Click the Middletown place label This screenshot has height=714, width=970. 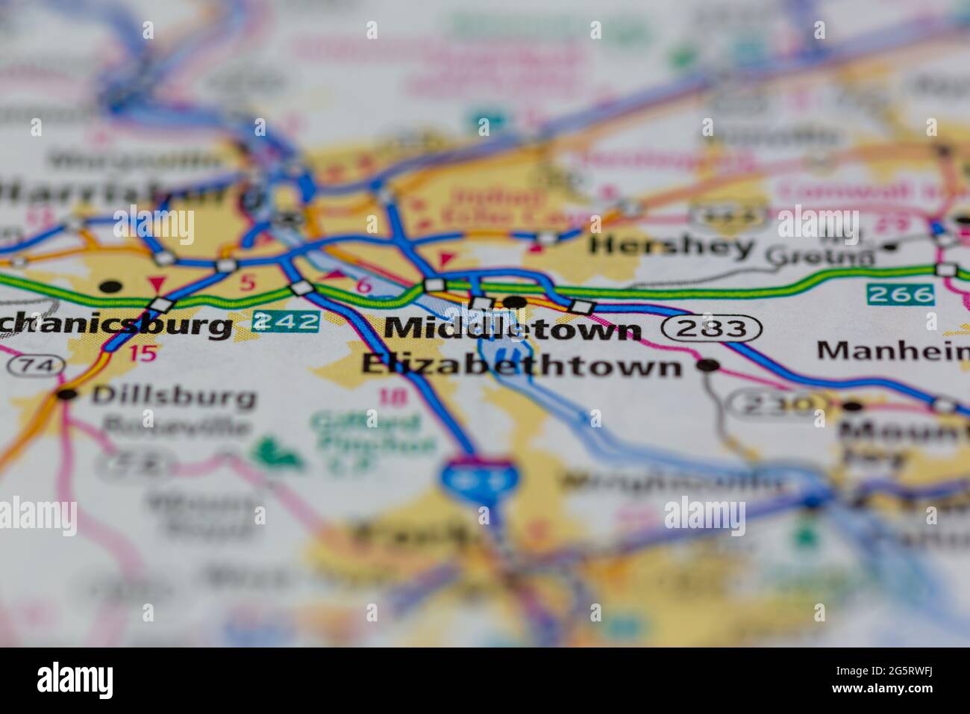pyautogui.click(x=513, y=328)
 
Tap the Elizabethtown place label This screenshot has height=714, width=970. pyautogui.click(x=522, y=365)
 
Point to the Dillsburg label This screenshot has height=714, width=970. pyautogui.click(x=173, y=396)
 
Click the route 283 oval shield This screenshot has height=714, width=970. pyautogui.click(x=712, y=328)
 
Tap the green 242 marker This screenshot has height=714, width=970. pyautogui.click(x=286, y=321)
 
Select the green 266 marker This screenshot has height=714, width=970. pyautogui.click(x=900, y=294)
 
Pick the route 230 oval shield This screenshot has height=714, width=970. pyautogui.click(x=773, y=406)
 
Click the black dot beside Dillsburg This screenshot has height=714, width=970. pyautogui.click(x=68, y=394)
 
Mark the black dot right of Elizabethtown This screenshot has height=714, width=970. pyautogui.click(x=707, y=365)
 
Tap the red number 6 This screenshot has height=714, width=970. pyautogui.click(x=363, y=285)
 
